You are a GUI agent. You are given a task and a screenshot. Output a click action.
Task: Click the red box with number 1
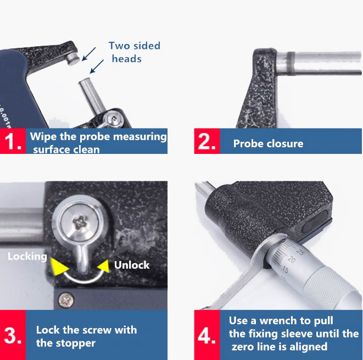tap(13, 141)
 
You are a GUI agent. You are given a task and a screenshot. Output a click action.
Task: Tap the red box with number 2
tap(207, 141)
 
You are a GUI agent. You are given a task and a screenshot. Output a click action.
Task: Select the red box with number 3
tap(13, 335)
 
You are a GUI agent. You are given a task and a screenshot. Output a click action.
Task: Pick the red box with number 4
tap(207, 335)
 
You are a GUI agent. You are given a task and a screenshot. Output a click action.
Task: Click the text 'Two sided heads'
tap(135, 52)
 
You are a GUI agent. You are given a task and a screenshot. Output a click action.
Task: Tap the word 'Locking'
tap(27, 257)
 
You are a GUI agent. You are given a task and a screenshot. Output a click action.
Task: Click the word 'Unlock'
tap(132, 265)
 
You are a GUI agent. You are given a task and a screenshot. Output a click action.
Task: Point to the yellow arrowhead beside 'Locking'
tap(59, 267)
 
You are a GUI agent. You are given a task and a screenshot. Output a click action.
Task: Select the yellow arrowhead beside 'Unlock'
tap(103, 266)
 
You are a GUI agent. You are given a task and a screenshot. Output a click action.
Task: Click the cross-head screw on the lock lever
tap(80, 223)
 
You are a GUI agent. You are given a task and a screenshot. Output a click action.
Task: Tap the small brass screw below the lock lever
tap(66, 301)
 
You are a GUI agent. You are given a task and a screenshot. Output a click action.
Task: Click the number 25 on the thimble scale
tap(300, 252)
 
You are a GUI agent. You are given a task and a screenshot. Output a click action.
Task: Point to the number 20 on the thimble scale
tap(292, 260)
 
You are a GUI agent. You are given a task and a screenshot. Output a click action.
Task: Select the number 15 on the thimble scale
tap(285, 270)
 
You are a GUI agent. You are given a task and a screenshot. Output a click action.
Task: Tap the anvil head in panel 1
tap(74, 58)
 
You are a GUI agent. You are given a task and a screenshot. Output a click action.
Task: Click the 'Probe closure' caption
tap(268, 143)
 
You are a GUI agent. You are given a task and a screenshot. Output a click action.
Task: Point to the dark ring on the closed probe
tap(291, 63)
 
